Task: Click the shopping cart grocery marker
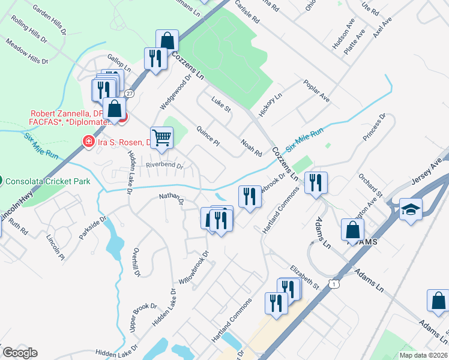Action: (161, 138)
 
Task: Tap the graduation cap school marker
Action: (411, 209)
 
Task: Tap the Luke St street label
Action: (220, 105)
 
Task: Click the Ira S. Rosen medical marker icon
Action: (88, 142)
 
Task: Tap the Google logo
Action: (20, 353)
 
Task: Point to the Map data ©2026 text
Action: (423, 355)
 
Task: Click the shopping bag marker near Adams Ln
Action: (352, 230)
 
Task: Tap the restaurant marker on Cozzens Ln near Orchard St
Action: (315, 182)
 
